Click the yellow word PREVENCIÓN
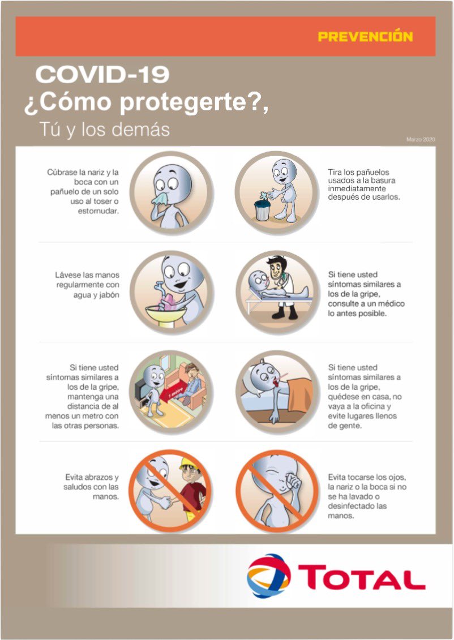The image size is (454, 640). [x=365, y=36]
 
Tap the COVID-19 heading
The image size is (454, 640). [x=102, y=75]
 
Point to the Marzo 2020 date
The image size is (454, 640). [x=421, y=139]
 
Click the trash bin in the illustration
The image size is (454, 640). [x=262, y=210]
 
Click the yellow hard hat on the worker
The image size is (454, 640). [x=190, y=463]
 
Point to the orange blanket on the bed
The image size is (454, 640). [x=299, y=394]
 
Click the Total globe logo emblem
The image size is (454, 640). [x=269, y=575]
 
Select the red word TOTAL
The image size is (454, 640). [x=362, y=577]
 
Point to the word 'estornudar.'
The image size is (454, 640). [x=98, y=211]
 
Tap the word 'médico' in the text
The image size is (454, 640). [x=391, y=304]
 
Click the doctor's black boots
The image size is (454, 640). [x=285, y=313]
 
